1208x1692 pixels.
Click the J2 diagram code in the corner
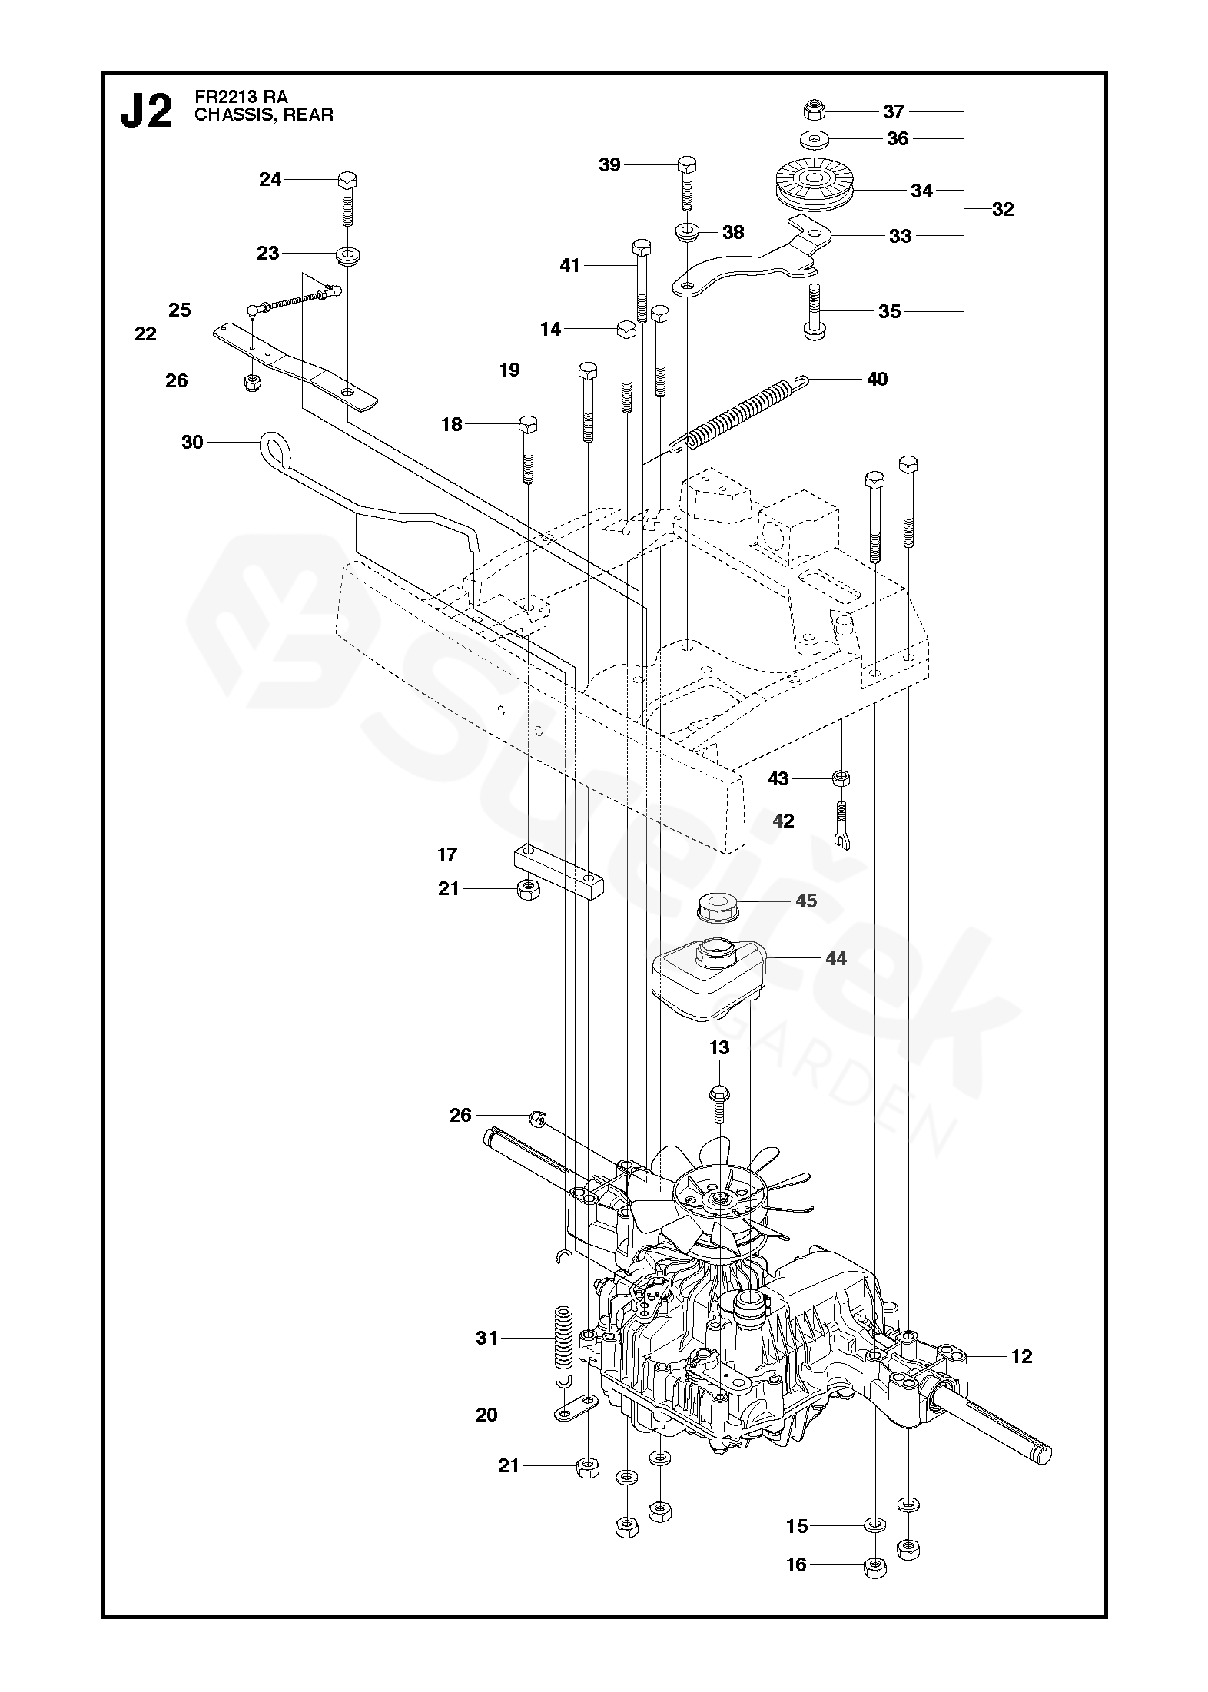coord(146,113)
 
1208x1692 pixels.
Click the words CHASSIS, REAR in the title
coord(264,115)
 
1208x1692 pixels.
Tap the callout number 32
coord(1003,209)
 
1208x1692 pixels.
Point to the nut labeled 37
coord(814,109)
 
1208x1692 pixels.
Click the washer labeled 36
coord(814,139)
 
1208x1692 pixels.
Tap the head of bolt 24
coord(347,181)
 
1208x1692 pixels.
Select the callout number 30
coord(192,442)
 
